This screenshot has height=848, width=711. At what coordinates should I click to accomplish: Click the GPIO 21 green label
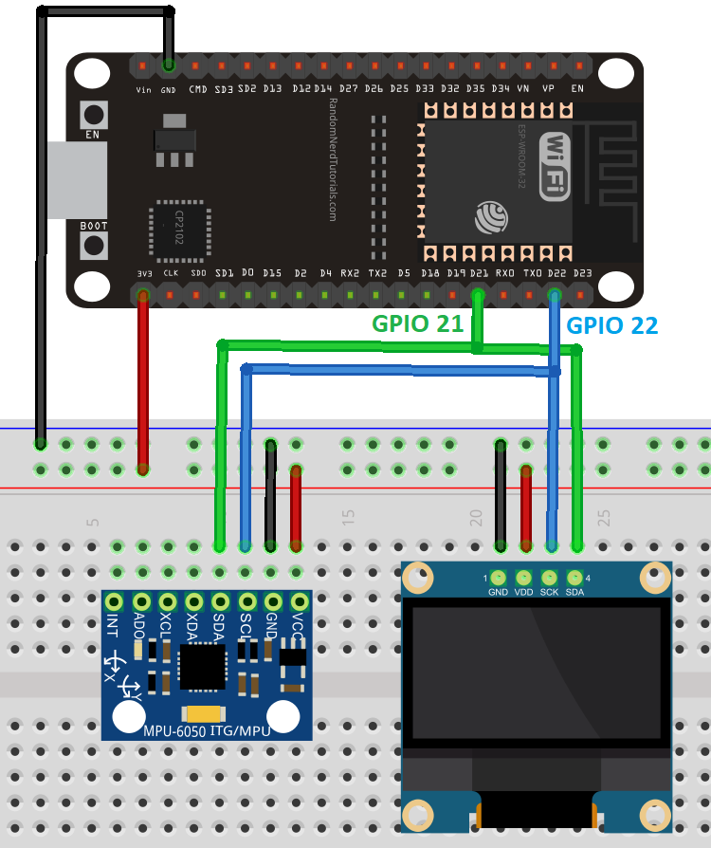point(417,323)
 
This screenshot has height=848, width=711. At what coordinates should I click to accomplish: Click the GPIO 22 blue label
point(611,325)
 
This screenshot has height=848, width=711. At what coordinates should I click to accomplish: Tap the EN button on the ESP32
point(93,115)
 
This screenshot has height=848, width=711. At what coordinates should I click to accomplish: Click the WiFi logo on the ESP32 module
point(556,165)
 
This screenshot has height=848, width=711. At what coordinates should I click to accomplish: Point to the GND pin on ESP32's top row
point(169,66)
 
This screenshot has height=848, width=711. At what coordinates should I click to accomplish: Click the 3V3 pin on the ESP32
point(143,295)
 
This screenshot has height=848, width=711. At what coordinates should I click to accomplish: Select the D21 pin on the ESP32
point(478,295)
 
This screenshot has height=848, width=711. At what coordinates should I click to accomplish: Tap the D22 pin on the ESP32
point(556,295)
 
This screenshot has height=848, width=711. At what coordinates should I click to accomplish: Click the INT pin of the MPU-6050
point(115,601)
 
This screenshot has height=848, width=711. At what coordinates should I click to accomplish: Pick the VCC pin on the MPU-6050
point(301,601)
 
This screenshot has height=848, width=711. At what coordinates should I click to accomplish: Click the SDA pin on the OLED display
point(574,577)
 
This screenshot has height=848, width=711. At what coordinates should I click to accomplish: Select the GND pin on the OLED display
point(498,577)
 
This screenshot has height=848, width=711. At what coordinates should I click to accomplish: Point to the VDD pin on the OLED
point(523,577)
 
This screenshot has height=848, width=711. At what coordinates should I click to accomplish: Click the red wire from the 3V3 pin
point(143,379)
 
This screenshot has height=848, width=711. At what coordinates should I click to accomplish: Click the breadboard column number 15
point(348,518)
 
